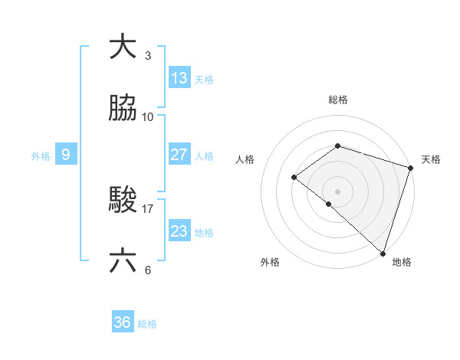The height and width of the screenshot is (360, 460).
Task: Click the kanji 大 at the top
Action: tap(123, 47)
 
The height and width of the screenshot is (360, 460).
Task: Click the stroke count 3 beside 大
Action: tap(147, 55)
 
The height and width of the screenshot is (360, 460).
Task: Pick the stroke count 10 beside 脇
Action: tap(147, 116)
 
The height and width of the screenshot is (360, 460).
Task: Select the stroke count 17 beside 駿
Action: tap(147, 208)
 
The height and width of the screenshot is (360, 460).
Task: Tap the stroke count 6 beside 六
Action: tap(147, 270)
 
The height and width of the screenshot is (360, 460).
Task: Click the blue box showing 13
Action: tap(179, 78)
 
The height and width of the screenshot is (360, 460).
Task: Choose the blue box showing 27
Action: tap(179, 155)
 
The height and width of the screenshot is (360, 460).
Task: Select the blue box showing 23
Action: tap(179, 231)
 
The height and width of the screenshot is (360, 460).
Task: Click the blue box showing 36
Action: tap(123, 323)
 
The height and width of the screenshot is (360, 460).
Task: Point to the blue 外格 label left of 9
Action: tap(41, 156)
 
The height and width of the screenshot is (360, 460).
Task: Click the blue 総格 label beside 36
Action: tap(147, 324)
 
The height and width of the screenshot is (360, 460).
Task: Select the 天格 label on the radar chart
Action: tap(431, 159)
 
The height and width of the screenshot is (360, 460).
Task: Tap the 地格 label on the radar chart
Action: tap(402, 262)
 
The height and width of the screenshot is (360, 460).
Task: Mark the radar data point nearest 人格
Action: tap(294, 177)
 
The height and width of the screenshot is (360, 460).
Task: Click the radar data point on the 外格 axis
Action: tap(328, 204)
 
